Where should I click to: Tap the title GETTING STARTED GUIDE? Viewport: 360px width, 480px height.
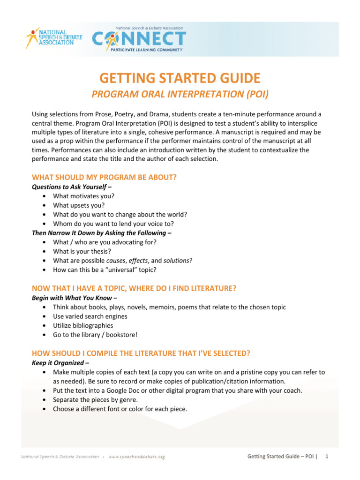(180, 78)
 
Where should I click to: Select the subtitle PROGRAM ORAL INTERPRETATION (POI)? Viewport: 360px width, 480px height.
(180, 94)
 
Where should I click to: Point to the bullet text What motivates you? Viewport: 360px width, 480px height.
(84, 196)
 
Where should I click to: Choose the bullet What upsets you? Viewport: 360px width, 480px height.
(79, 205)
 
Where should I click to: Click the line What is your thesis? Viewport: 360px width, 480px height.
(82, 251)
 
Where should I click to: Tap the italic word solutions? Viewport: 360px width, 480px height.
(176, 260)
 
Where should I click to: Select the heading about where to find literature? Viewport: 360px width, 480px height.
(134, 289)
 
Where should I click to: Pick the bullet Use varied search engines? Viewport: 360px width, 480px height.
(90, 316)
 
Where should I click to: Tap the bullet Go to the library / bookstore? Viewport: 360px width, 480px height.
(95, 335)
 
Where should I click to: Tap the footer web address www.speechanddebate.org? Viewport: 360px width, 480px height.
(136, 456)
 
